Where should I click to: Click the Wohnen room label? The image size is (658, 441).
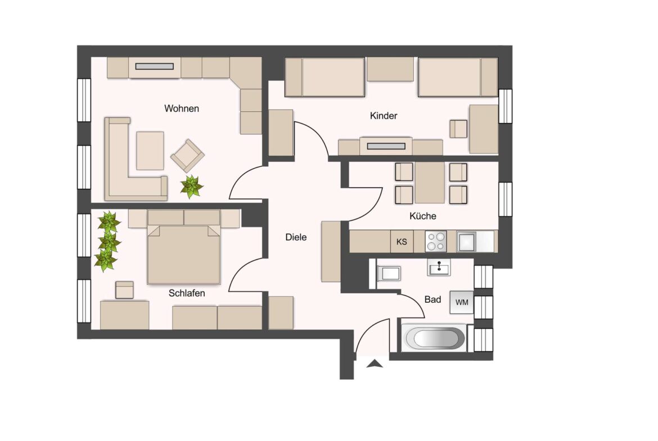pyautogui.click(x=181, y=108)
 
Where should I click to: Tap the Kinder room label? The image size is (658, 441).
pyautogui.click(x=383, y=116)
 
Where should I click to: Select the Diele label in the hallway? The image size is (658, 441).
pyautogui.click(x=296, y=237)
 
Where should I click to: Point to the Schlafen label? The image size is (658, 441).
pyautogui.click(x=187, y=293)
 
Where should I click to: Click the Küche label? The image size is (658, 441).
pyautogui.click(x=422, y=216)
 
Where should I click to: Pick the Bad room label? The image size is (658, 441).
pyautogui.click(x=432, y=300)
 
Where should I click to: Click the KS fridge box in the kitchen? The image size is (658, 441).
pyautogui.click(x=402, y=242)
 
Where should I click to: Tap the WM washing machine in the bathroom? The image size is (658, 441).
pyautogui.click(x=462, y=302)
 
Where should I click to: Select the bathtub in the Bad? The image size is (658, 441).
pyautogui.click(x=434, y=338)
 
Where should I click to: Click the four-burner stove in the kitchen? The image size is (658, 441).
pyautogui.click(x=436, y=242)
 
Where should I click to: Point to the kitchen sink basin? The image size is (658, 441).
pyautogui.click(x=466, y=242)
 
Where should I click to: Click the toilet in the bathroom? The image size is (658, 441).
pyautogui.click(x=387, y=274)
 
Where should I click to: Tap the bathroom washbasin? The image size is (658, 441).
pyautogui.click(x=439, y=267)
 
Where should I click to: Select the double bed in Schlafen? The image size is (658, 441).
pyautogui.click(x=184, y=247)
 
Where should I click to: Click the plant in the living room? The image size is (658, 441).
pyautogui.click(x=191, y=187)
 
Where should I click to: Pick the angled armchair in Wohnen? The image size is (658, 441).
pyautogui.click(x=188, y=156)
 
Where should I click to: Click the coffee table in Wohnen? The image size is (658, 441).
pyautogui.click(x=150, y=151)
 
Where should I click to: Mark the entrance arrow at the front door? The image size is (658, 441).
pyautogui.click(x=375, y=363)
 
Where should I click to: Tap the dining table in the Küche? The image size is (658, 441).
pyautogui.click(x=430, y=183)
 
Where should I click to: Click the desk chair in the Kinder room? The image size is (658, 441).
pyautogui.click(x=458, y=129)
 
